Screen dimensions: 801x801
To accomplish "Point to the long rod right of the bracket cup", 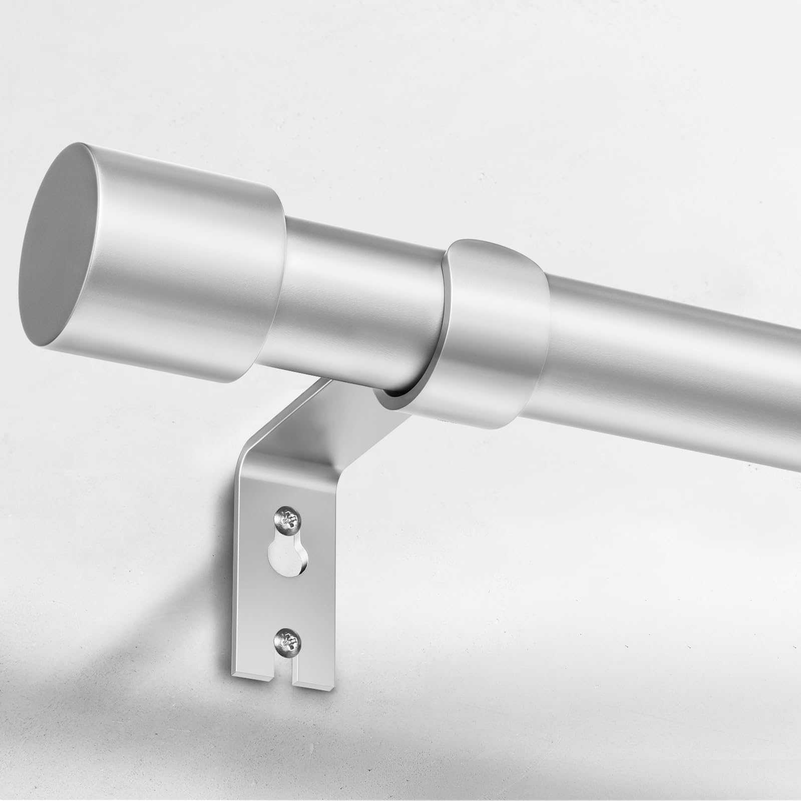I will (x=676, y=370).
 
